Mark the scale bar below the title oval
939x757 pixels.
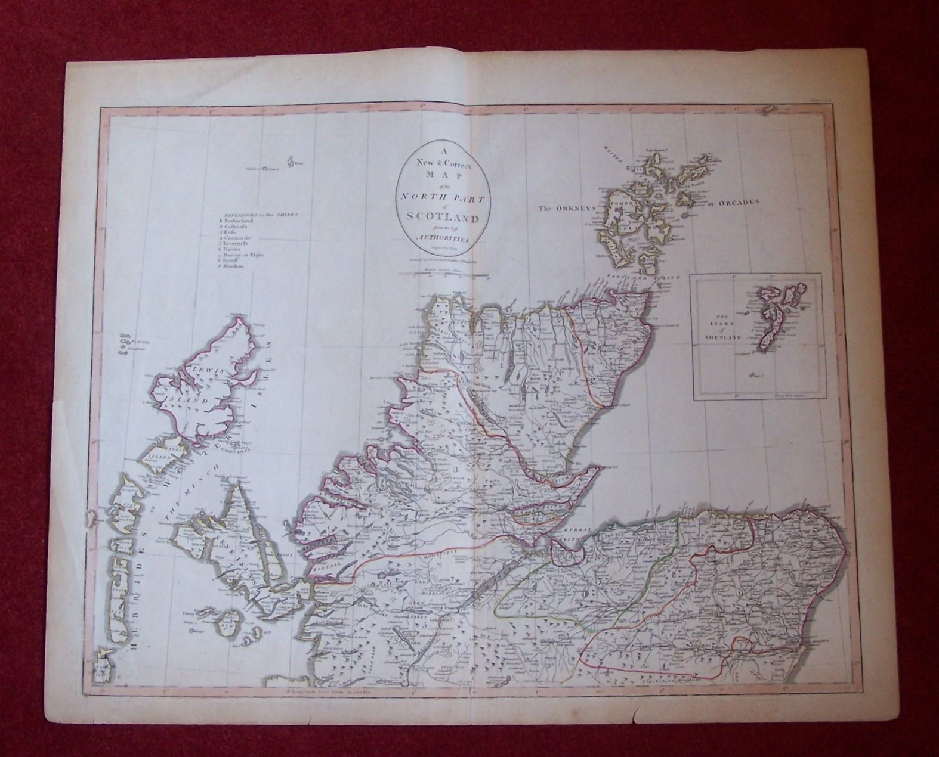pyautogui.click(x=444, y=275)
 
